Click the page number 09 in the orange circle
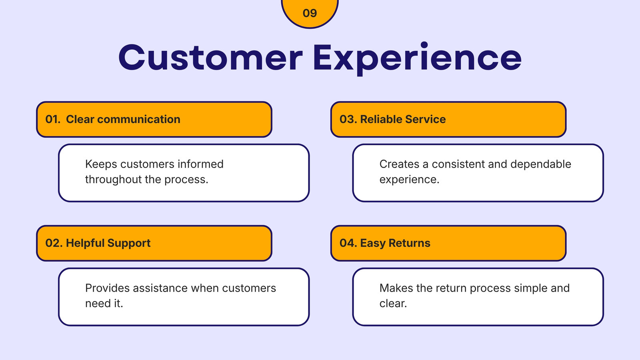(310, 13)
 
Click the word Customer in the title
(210, 58)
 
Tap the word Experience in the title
(418, 58)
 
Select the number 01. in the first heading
(53, 119)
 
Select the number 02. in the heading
(54, 243)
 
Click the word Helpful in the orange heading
(85, 243)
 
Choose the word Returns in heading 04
(410, 243)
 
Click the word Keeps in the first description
(101, 164)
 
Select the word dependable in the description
(541, 164)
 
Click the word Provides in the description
(108, 288)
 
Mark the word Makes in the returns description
(396, 288)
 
